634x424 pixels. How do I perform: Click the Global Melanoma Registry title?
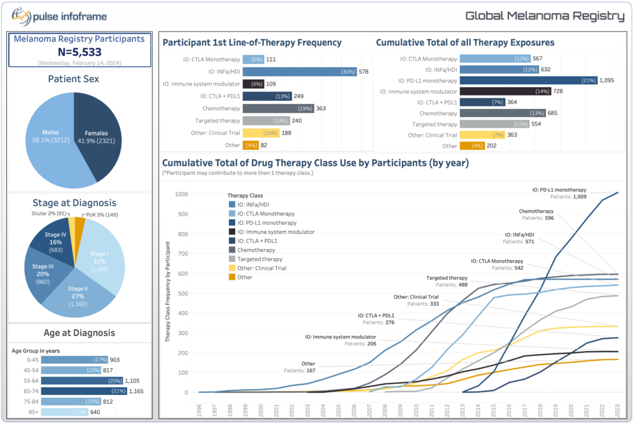pos(544,16)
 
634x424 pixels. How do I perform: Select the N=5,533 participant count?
pos(79,53)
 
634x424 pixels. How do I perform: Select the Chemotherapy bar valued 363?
pos(278,108)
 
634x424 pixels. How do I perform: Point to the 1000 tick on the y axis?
pos(181,194)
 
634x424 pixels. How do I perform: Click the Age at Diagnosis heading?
pos(79,333)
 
